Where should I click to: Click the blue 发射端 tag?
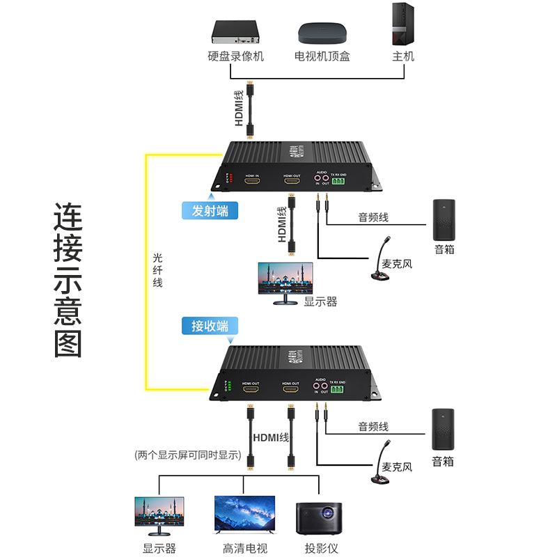[x=210, y=210]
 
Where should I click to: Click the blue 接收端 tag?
[x=210, y=325]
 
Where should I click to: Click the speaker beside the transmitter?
[x=444, y=219]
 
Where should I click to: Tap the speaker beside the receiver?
[x=443, y=429]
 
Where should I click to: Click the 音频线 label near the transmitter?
[x=373, y=218]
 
